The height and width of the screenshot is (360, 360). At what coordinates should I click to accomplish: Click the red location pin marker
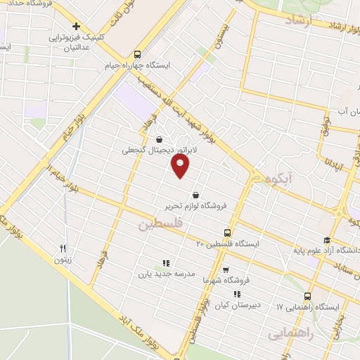[181, 166]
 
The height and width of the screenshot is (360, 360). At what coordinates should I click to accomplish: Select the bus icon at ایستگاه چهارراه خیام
[137, 53]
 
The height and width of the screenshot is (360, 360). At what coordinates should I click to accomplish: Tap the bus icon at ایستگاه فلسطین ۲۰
[226, 232]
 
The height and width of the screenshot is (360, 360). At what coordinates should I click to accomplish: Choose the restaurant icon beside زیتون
[63, 247]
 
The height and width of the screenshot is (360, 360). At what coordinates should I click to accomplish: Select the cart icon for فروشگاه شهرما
[225, 269]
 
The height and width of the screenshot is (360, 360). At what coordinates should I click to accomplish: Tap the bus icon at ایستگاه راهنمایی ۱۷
[309, 297]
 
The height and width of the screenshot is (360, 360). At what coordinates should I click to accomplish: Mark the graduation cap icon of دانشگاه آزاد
[327, 240]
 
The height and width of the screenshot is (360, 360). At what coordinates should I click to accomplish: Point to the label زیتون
[63, 259]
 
